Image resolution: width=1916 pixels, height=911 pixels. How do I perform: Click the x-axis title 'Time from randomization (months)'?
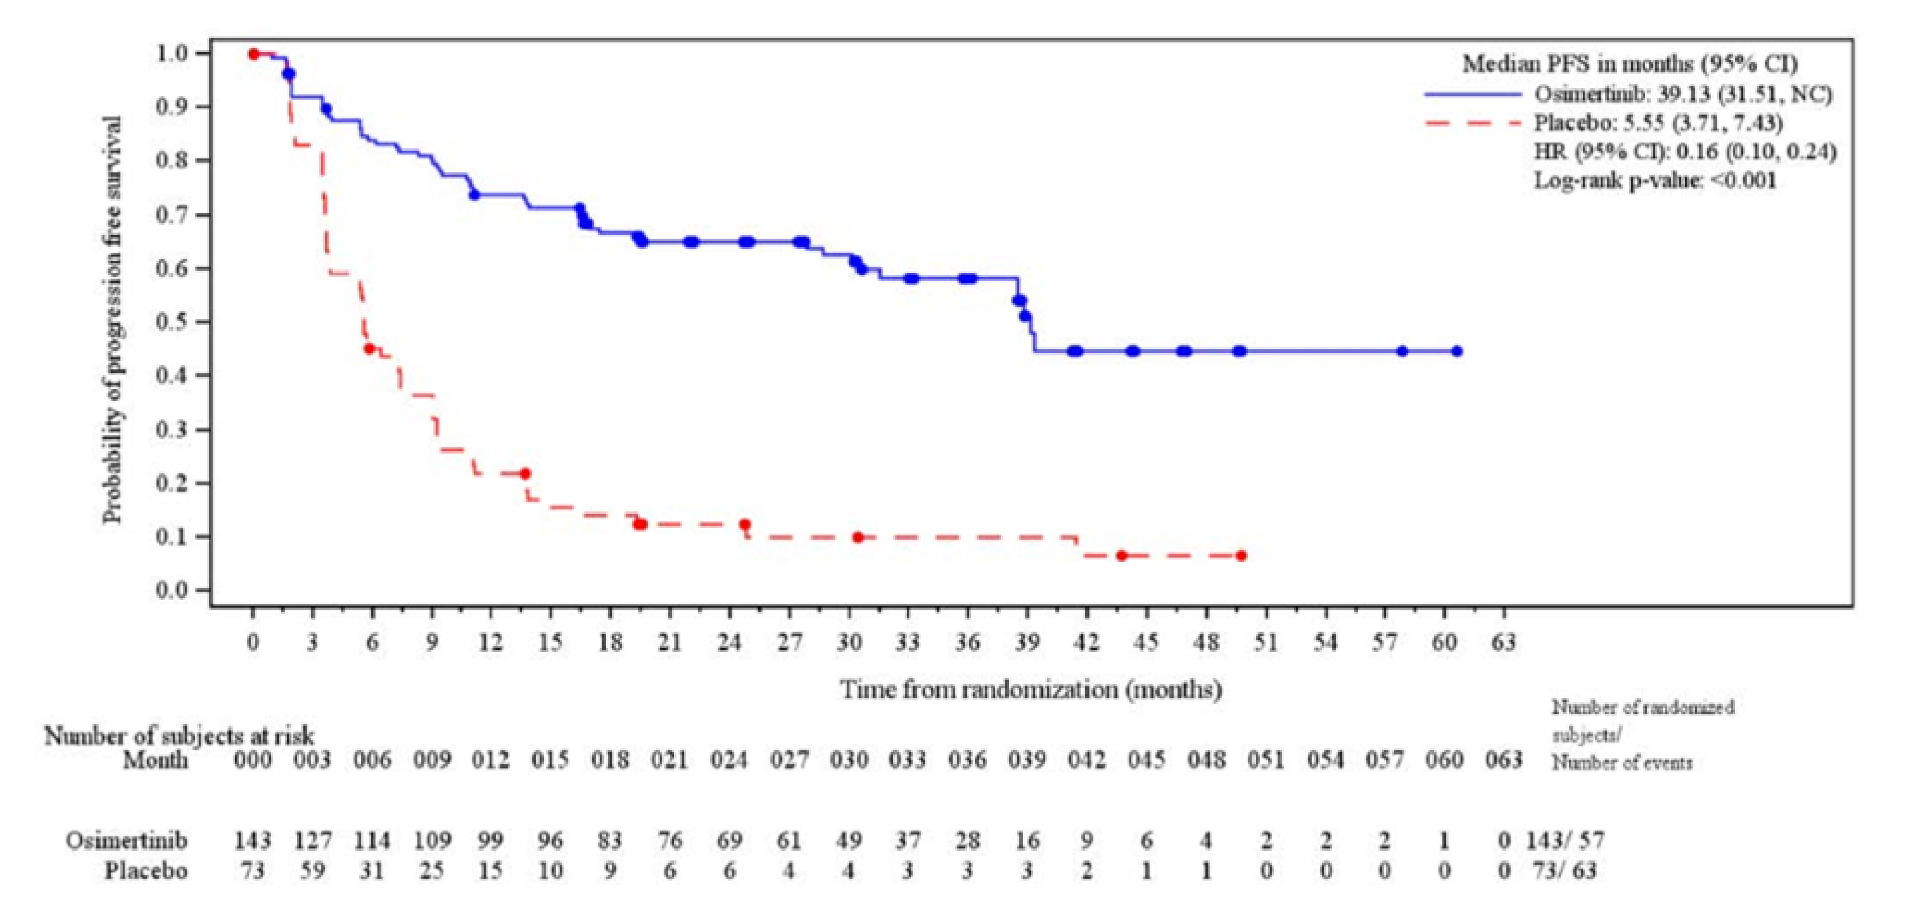[x=1031, y=689]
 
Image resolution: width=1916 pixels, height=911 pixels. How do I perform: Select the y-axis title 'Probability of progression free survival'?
[x=112, y=320]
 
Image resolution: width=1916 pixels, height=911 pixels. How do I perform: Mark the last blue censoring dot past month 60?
[x=1456, y=351]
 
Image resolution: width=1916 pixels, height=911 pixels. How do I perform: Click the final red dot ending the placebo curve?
[x=1240, y=556]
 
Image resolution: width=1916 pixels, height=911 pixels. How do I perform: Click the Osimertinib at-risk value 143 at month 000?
[x=253, y=840]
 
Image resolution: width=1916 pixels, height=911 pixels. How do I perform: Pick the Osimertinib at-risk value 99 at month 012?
[x=491, y=840]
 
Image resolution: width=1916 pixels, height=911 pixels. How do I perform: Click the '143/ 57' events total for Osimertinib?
[x=1565, y=840]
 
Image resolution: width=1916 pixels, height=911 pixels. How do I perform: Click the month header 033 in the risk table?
[x=908, y=760]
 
